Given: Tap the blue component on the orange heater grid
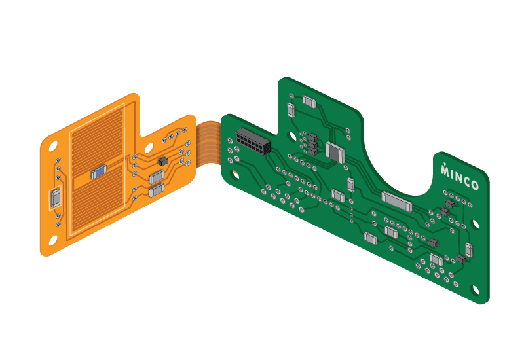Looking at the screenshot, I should (98, 172).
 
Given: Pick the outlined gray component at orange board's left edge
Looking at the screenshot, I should (55, 198).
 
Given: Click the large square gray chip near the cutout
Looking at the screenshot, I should (335, 153).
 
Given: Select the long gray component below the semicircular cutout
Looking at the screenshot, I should (398, 201).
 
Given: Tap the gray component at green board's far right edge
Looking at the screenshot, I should (469, 250).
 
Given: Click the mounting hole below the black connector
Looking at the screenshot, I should (236, 174).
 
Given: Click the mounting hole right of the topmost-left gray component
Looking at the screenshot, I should (349, 128).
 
